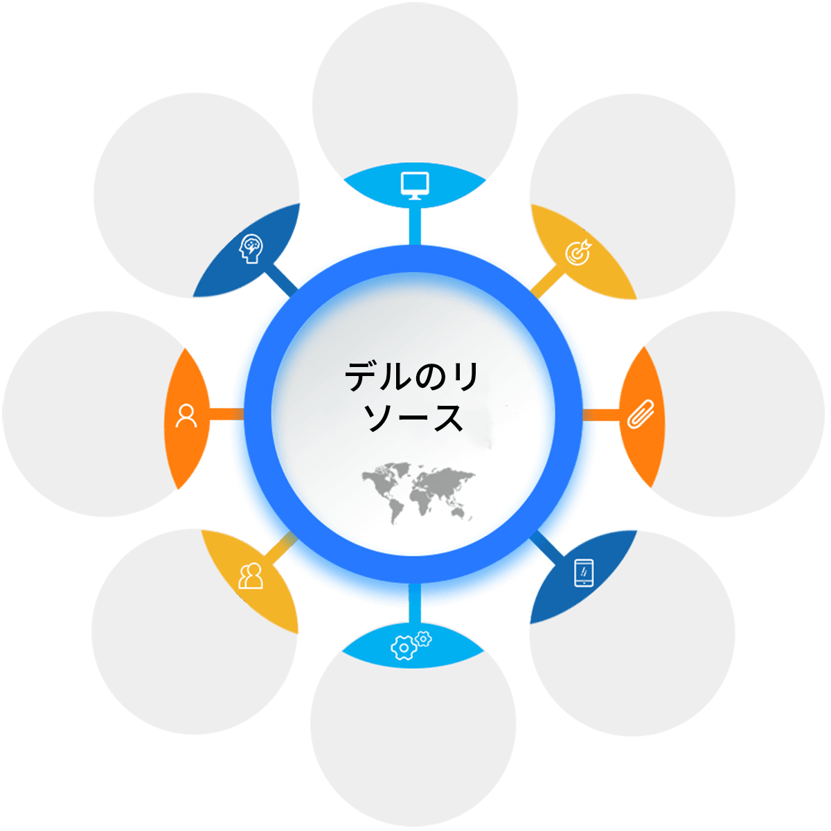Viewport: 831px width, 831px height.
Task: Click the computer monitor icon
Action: click(x=415, y=186)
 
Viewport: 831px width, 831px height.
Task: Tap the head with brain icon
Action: click(x=251, y=249)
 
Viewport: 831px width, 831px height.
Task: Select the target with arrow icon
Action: click(x=578, y=252)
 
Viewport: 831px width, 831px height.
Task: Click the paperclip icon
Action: click(x=641, y=414)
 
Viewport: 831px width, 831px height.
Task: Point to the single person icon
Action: click(x=186, y=415)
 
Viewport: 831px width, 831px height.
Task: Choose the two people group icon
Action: click(x=251, y=575)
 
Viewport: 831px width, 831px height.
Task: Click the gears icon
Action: click(x=411, y=645)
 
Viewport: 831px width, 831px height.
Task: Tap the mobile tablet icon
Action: click(x=584, y=573)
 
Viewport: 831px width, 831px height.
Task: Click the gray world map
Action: click(x=418, y=493)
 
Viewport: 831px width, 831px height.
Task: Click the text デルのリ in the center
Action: click(x=411, y=377)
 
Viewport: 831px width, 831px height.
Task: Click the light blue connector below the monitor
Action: click(x=415, y=226)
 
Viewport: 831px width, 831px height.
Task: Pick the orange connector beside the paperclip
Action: click(x=601, y=415)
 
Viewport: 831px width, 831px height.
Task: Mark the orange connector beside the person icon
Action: click(x=226, y=414)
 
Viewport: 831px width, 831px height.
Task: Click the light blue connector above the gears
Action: click(x=415, y=604)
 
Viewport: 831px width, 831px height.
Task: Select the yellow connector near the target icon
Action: click(x=548, y=281)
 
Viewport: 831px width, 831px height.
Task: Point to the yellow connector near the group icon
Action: click(x=281, y=548)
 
